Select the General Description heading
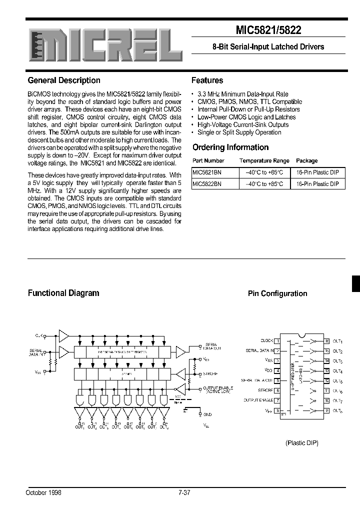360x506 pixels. [64, 80]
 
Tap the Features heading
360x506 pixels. [207, 80]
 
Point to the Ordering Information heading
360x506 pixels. [230, 147]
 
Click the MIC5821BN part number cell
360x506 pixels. [207, 172]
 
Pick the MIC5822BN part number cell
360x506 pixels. [207, 184]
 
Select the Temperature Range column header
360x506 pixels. [264, 161]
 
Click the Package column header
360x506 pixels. [306, 161]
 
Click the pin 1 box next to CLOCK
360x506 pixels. [278, 340]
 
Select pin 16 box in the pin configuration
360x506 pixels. [327, 340]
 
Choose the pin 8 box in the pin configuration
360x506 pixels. [278, 410]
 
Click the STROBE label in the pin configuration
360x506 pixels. [265, 390]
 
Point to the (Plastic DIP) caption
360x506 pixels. [302, 443]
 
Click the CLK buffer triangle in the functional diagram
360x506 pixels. [64, 334]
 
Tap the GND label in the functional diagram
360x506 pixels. [207, 414]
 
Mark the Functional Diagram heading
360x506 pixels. [63, 293]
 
